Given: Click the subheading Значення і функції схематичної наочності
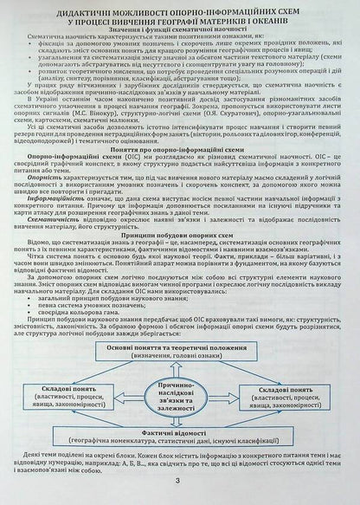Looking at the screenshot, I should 180,40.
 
